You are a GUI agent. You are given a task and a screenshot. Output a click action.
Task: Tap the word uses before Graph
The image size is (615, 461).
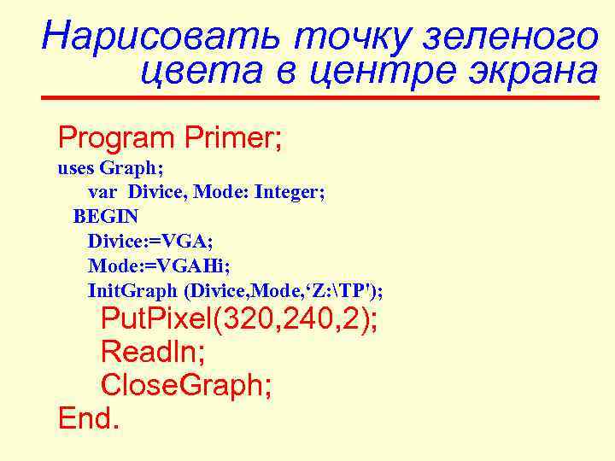[x=76, y=167]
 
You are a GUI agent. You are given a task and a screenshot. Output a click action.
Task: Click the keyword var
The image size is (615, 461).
[x=102, y=192]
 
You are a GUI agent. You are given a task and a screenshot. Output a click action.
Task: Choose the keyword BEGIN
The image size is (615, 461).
[x=105, y=217]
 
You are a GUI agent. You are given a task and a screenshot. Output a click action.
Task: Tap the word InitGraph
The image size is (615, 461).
[x=133, y=291]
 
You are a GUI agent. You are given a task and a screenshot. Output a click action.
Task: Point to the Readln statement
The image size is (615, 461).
[x=151, y=353]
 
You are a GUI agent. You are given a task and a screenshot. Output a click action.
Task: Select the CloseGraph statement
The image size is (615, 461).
[x=187, y=386]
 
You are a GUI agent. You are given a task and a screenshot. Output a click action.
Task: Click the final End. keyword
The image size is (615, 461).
[x=89, y=419]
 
